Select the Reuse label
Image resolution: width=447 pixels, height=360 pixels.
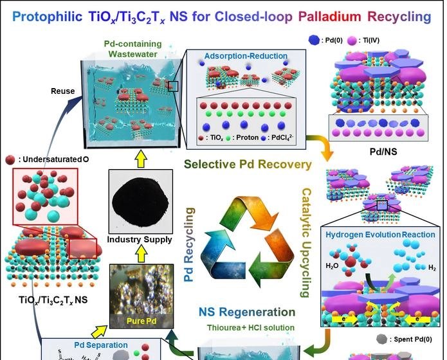[x=64, y=91]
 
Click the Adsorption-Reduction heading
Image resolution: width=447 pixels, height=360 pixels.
[x=240, y=57]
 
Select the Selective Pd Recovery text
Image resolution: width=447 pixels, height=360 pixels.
[x=248, y=164]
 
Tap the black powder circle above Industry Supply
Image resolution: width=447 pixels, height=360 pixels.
[x=140, y=203]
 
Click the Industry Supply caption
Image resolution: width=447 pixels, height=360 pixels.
[x=140, y=240]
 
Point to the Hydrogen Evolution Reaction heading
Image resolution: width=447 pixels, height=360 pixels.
[x=380, y=234]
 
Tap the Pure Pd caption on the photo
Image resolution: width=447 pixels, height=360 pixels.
[x=140, y=318]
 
